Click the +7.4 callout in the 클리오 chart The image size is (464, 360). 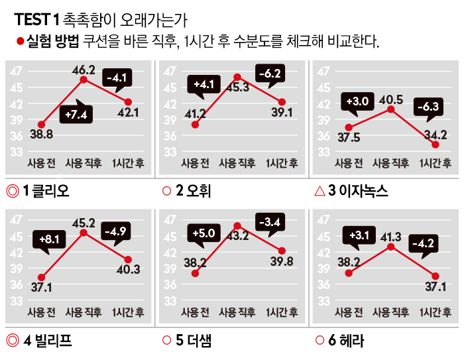tap(77, 114)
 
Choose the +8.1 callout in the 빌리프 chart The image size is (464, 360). tap(50, 238)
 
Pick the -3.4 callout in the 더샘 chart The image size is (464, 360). tap(270, 221)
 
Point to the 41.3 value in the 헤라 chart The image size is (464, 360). tap(390, 237)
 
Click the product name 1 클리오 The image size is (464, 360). tap(46, 192)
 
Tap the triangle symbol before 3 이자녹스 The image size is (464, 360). tap(319, 192)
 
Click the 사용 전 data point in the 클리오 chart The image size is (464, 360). tap(41, 124)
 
